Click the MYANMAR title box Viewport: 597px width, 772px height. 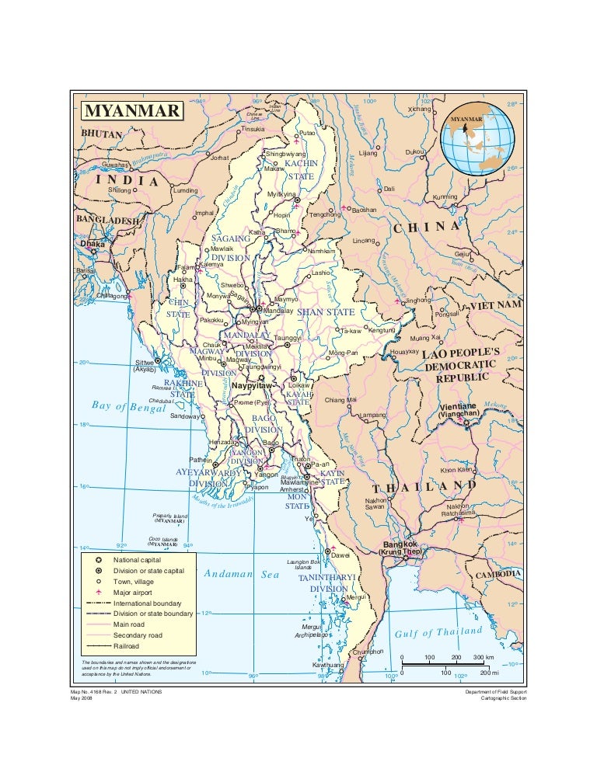click(132, 110)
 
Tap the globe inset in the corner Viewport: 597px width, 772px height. click(477, 141)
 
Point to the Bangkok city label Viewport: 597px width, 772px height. click(400, 545)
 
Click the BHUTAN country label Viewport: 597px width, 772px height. click(103, 134)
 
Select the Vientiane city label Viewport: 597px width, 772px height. click(459, 407)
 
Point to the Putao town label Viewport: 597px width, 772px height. click(309, 134)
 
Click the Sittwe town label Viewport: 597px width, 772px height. click(145, 363)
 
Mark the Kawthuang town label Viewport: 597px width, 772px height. click(327, 666)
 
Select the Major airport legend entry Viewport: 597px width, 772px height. click(137, 593)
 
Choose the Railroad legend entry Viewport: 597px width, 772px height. click(127, 645)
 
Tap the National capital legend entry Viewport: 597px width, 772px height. click(138, 560)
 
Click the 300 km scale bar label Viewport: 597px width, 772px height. click(484, 657)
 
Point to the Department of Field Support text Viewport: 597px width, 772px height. click(495, 690)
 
